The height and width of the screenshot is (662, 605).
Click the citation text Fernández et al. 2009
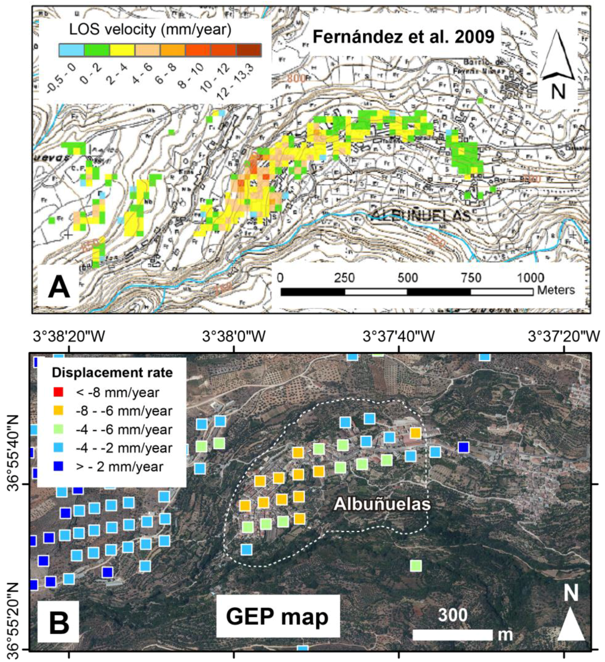[x=403, y=37]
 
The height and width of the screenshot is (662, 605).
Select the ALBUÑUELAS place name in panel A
[x=421, y=216]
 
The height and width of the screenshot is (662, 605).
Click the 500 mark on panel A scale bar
[x=408, y=278]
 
